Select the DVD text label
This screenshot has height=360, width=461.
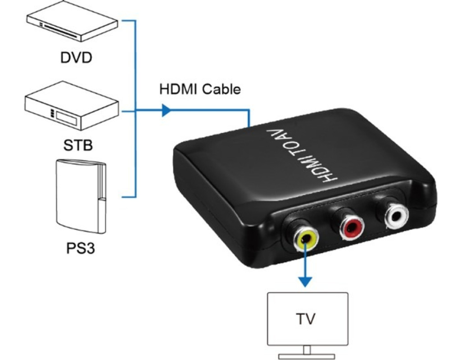77,58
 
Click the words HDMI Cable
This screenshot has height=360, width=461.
200,89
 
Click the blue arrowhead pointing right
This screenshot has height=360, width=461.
166,110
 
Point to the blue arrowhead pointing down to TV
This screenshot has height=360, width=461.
306,282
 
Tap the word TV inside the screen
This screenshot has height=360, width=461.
306,319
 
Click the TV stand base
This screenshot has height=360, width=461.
307,356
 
